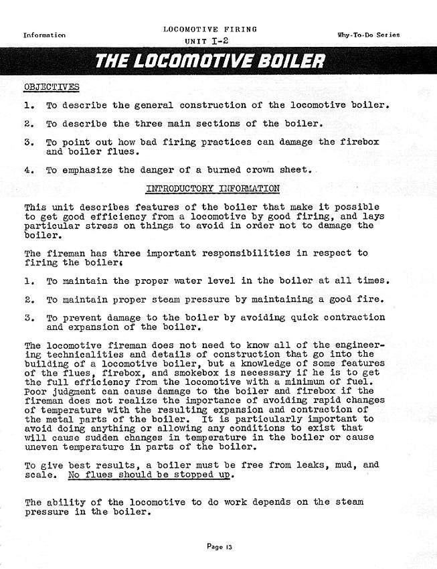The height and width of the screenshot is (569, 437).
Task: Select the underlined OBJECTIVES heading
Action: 51,87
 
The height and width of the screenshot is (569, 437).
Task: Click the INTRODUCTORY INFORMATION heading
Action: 213,189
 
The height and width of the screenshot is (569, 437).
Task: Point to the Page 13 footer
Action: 219,547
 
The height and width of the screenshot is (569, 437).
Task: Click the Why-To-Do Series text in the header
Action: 369,34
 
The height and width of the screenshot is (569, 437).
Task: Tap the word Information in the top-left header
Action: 45,35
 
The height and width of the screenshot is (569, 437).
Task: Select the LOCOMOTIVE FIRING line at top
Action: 209,30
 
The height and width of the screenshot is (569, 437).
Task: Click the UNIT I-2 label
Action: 209,42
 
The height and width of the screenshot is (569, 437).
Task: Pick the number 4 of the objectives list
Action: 28,171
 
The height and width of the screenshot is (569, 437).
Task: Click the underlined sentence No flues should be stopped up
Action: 152,475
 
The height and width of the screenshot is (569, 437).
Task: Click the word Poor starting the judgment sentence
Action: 35,391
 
